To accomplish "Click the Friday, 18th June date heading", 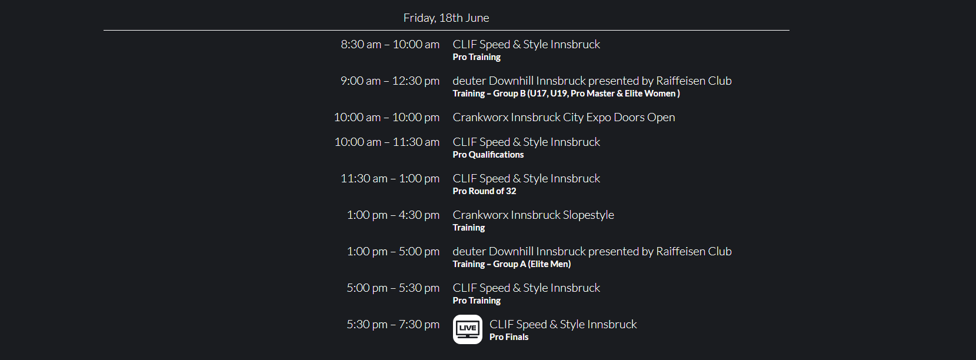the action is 446,18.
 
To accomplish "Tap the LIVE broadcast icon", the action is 468,329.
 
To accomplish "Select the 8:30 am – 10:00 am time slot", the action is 390,44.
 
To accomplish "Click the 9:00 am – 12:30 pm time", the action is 390,81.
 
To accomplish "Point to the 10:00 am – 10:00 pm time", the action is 387,117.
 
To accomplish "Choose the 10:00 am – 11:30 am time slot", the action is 387,142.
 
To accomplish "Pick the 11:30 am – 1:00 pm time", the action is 390,178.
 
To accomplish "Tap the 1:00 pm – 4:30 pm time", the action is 393,215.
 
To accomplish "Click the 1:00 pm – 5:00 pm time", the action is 393,252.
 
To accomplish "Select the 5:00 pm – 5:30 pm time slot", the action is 393,288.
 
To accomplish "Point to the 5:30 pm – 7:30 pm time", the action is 393,325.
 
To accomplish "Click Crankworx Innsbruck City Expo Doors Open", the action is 564,117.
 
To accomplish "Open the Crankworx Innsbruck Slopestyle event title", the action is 534,215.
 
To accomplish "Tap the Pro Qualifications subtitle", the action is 488,155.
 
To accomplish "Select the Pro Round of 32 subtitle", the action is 485,191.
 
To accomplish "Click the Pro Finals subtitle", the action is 509,337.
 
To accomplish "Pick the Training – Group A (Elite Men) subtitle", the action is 511,264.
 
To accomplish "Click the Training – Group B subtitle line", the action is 566,94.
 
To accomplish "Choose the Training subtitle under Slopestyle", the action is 469,228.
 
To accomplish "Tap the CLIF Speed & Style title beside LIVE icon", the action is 563,324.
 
